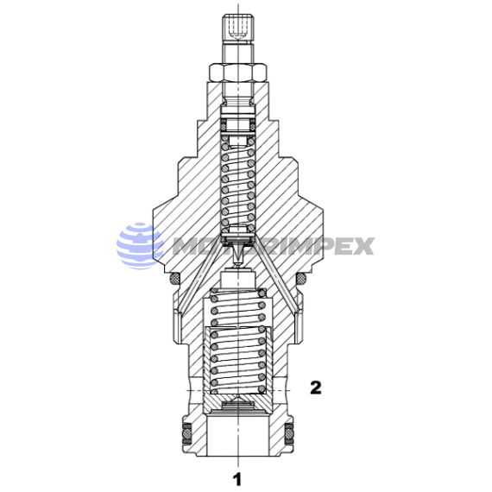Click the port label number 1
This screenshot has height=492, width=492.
tap(237, 479)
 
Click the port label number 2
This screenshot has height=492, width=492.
tap(316, 388)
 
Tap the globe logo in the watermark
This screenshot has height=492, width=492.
tap(140, 246)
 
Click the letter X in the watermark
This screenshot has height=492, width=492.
tap(364, 246)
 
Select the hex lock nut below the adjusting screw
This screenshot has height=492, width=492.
tap(238, 72)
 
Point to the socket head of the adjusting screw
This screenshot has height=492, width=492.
tap(238, 28)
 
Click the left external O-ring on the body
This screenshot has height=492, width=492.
tap(174, 278)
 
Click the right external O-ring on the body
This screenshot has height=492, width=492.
tap(301, 278)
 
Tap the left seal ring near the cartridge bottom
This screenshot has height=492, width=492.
tap(187, 433)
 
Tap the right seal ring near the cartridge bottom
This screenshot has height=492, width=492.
tap(289, 433)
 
